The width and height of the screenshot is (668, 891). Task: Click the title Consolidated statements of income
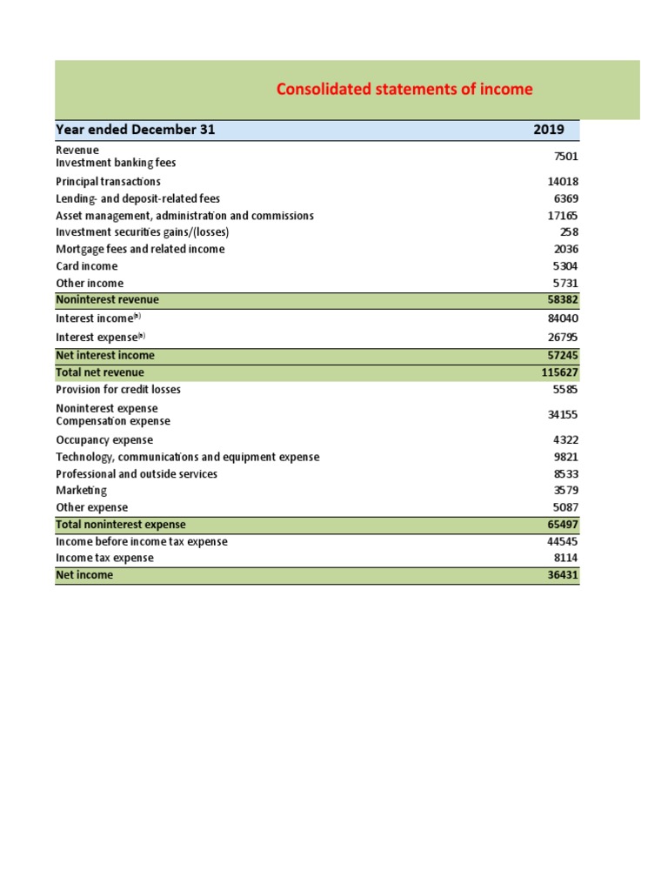tap(404, 90)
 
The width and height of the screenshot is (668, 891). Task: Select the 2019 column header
tap(548, 131)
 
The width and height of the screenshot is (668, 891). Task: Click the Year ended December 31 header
tap(136, 131)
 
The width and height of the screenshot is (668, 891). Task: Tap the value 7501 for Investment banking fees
tap(565, 157)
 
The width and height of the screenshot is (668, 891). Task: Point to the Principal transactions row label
tap(108, 182)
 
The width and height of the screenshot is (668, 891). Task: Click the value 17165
tap(563, 216)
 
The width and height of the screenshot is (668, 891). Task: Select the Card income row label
tap(86, 266)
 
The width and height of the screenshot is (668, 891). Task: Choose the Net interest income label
tap(105, 356)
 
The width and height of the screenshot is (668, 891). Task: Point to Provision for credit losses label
tap(118, 390)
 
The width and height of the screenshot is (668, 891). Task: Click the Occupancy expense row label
tap(104, 440)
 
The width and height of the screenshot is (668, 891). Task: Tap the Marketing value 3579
tap(565, 491)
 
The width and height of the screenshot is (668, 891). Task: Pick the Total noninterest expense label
tap(121, 525)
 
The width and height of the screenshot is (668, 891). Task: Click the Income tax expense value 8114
tap(565, 559)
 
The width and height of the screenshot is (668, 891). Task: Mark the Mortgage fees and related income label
tap(140, 250)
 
